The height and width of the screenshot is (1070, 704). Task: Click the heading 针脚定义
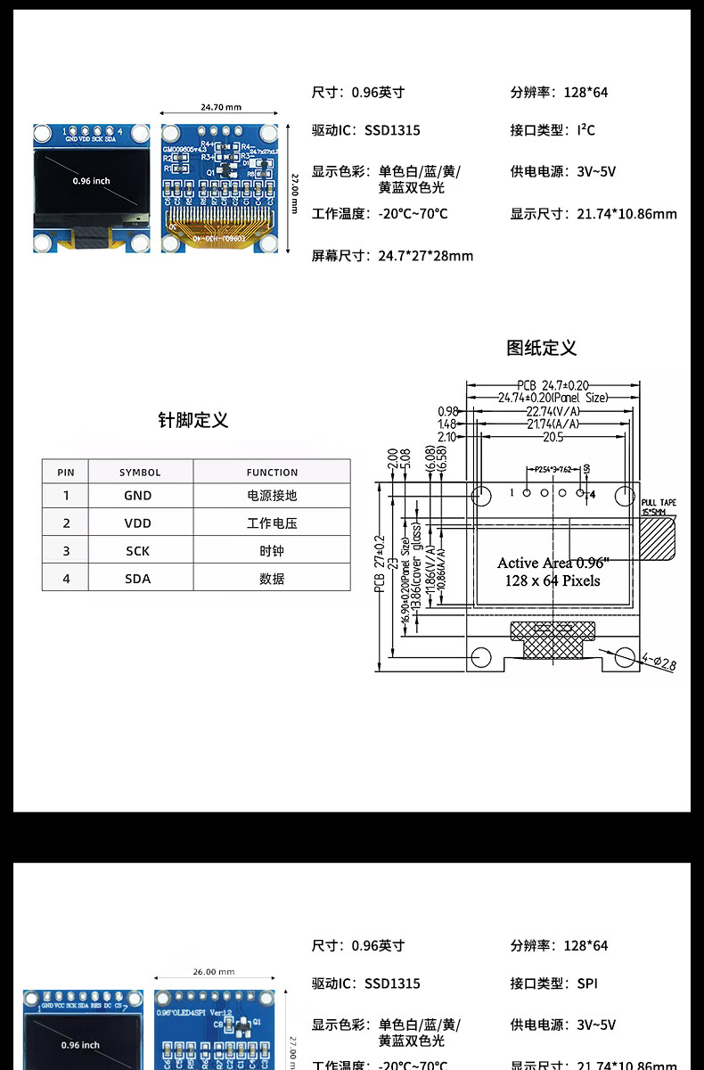193,421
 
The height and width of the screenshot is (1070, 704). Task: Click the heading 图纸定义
542,348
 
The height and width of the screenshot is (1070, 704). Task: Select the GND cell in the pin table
137,496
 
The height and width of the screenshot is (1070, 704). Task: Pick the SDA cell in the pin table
137,579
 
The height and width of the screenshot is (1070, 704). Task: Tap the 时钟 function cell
272,551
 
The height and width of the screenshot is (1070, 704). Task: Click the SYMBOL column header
140,473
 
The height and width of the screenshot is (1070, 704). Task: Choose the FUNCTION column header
272,473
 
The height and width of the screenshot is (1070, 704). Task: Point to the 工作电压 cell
272,523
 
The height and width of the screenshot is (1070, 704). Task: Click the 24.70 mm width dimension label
220,107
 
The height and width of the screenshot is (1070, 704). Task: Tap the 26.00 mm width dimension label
213,972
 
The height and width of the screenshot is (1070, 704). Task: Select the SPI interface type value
587,984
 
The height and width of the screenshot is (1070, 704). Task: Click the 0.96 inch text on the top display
92,181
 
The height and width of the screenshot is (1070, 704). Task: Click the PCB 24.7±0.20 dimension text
553,385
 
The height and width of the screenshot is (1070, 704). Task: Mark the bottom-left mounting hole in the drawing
480,657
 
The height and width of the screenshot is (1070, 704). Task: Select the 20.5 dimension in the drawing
553,437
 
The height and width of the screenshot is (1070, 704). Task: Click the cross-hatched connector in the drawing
551,642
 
